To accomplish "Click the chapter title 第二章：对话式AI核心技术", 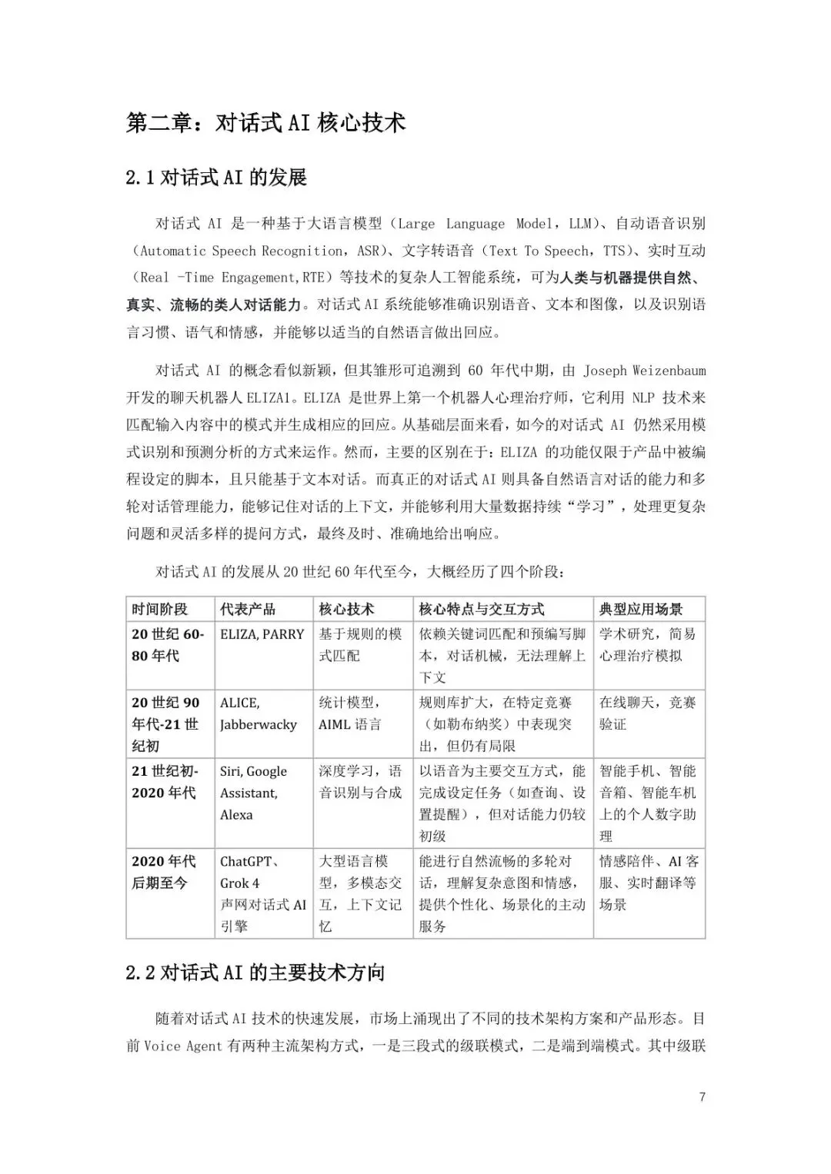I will point(266,123).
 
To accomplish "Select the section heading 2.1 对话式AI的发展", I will point(217,178).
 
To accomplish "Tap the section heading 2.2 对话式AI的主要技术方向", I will point(255,973).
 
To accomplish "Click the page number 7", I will point(702,1096).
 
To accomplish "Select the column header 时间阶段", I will point(160,609).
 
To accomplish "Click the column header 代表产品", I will point(248,609).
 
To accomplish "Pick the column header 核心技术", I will point(347,609).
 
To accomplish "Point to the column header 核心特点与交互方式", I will point(482,609).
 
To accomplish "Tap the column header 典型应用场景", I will point(641,609).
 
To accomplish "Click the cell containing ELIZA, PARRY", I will point(262,634).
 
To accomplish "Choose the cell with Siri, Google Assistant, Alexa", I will point(254,793).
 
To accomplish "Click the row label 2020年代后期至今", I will point(164,872).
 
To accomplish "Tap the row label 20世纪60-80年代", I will point(168,645).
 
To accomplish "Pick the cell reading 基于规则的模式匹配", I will point(360,645).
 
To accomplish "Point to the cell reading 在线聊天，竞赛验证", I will point(647,713).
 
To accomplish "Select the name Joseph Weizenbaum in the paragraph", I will point(644,371).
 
